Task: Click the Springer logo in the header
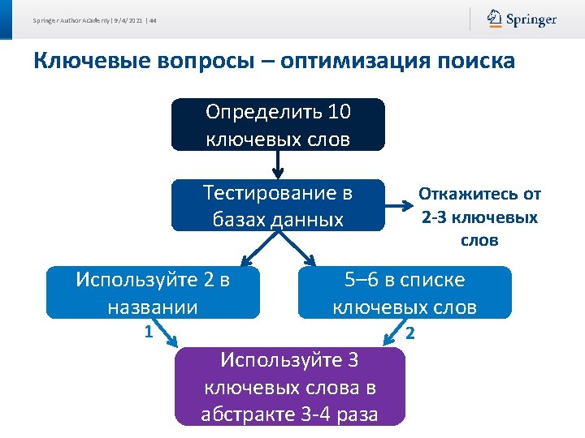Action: [522, 19]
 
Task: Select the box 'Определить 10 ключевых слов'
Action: [278, 125]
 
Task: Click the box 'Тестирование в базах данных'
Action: [278, 205]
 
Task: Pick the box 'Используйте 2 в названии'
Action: [153, 293]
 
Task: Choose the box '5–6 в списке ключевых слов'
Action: [405, 293]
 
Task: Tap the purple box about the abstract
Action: [290, 387]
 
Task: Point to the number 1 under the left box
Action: [148, 331]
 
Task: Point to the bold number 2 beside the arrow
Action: [410, 333]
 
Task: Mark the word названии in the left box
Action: [153, 307]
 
